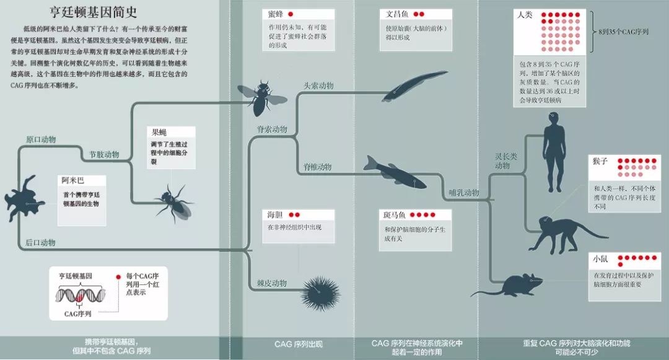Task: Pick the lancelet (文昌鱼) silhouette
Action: coord(405,87)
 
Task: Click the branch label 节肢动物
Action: coord(104,155)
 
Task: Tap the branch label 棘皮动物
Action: coord(272,283)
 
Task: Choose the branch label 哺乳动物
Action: coord(464,193)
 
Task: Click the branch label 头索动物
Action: coord(318,86)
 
